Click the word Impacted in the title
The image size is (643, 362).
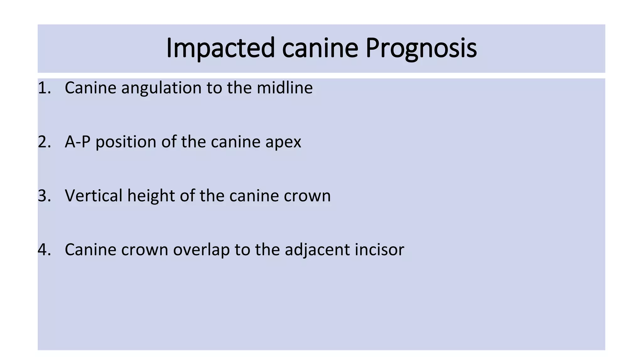click(220, 48)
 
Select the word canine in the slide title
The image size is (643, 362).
click(320, 48)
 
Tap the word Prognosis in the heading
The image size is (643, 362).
click(421, 48)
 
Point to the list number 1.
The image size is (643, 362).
click(44, 88)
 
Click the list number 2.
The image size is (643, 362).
click(44, 142)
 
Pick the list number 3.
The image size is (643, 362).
click(44, 196)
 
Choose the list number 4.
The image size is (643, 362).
click(44, 250)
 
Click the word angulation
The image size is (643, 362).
click(161, 88)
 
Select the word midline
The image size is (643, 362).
click(284, 88)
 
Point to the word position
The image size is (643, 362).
click(126, 142)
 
